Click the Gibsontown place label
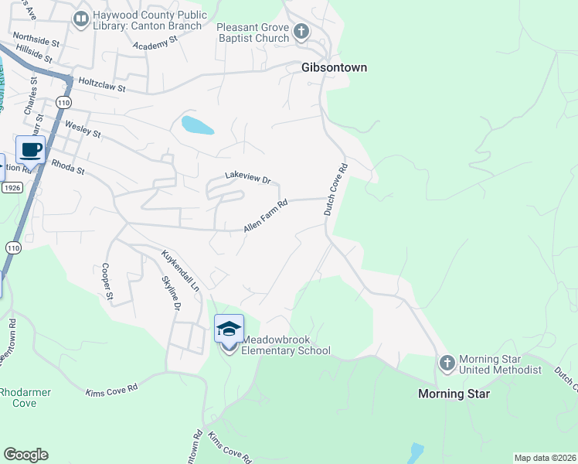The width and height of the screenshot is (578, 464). click(x=334, y=68)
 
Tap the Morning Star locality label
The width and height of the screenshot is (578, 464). click(x=454, y=394)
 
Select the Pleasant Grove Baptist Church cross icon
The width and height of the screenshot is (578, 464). click(x=301, y=32)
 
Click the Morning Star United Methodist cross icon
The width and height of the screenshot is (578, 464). click(x=447, y=363)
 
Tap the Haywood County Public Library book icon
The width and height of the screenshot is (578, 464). click(x=80, y=19)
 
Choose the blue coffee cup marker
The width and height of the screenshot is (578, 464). click(x=30, y=149)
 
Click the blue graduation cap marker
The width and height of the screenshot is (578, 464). click(x=229, y=329)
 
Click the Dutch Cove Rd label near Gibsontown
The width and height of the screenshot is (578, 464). click(x=335, y=189)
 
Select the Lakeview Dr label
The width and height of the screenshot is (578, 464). click(x=247, y=177)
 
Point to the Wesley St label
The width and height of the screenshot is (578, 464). click(x=83, y=128)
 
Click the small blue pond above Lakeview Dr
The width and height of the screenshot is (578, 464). click(x=197, y=125)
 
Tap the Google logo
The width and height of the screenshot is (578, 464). click(x=25, y=455)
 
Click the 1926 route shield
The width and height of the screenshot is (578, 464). click(x=12, y=188)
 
